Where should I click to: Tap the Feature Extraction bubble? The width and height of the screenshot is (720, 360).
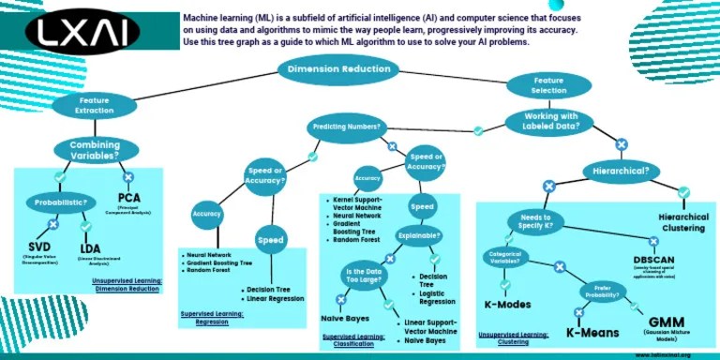(x=95, y=105)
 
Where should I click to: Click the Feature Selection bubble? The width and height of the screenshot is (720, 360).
(x=548, y=85)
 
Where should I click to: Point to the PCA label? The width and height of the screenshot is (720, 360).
(x=128, y=199)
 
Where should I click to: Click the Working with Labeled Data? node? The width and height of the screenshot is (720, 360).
(x=549, y=121)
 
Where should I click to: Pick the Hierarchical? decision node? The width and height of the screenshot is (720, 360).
(x=621, y=171)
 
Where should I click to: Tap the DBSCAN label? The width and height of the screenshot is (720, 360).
(x=654, y=260)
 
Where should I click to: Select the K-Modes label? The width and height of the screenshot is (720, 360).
(x=507, y=305)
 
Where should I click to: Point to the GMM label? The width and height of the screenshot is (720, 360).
(x=667, y=322)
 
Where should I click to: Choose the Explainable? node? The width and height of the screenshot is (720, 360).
(x=419, y=235)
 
